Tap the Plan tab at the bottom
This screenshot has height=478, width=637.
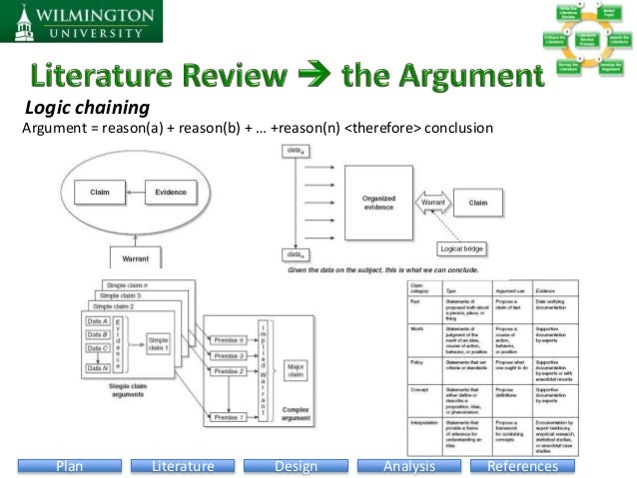(x=70, y=466)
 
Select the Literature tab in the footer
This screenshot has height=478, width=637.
(x=184, y=466)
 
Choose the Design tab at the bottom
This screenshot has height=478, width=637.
(x=295, y=466)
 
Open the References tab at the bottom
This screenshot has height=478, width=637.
(x=521, y=466)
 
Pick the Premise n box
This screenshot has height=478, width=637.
(x=232, y=339)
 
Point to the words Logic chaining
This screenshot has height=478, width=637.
(x=86, y=108)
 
